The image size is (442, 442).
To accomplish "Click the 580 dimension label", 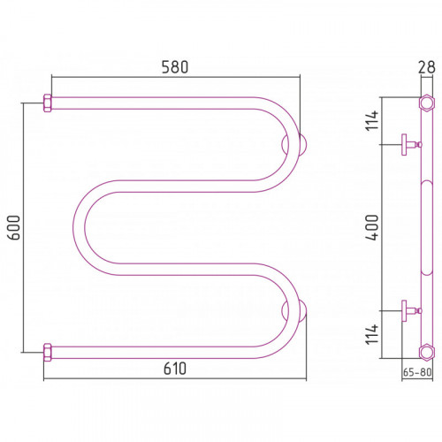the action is pos(175,67).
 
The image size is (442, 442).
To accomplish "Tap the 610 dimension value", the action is pos(175,369).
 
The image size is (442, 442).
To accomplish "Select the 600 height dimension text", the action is pos(14,227).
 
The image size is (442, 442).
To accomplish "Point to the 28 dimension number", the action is pos(426,67).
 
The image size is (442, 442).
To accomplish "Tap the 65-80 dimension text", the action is pos(417,372).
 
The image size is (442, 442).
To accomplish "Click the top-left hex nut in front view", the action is pos(48,103).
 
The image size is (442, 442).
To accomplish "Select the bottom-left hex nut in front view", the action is pos(48,353).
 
